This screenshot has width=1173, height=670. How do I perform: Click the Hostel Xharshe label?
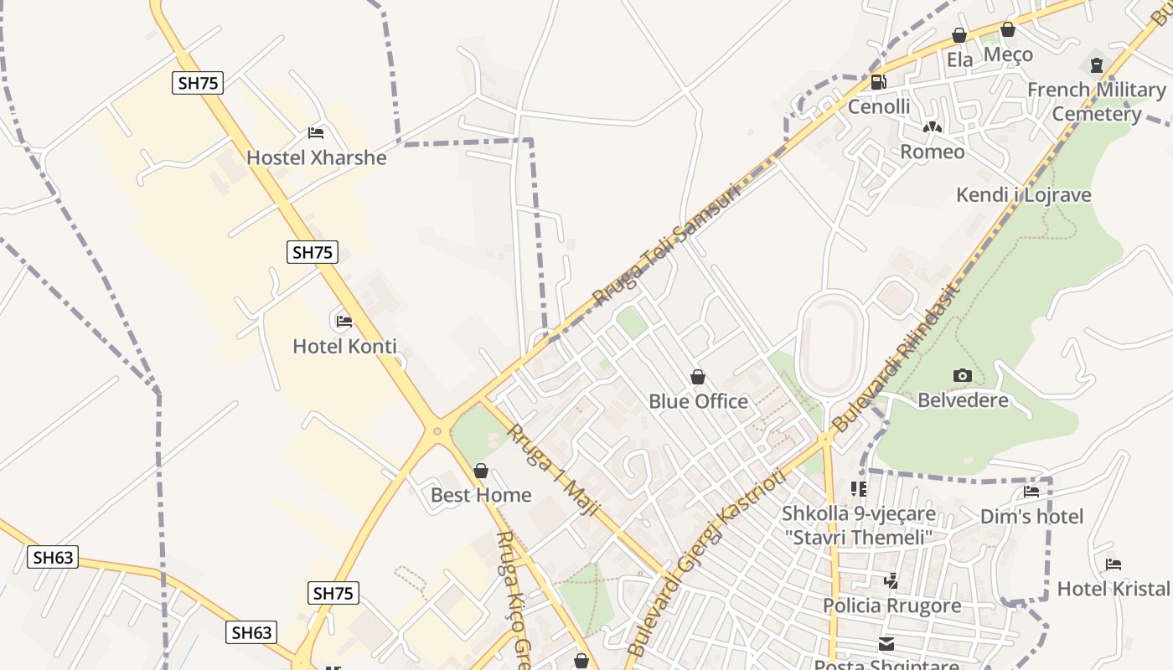pos(316,157)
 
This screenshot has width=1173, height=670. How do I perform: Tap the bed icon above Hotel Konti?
pos(344,321)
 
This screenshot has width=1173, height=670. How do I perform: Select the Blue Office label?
pos(698,401)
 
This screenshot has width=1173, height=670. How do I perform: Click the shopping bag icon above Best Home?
pos(481,472)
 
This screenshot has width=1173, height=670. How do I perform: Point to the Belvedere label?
pos(963,399)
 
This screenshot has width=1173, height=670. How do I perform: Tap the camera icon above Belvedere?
pos(963,375)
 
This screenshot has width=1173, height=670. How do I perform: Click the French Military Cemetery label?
pos(1096,101)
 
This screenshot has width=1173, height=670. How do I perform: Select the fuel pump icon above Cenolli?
pos(879,82)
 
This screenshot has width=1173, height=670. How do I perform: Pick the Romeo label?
pos(932,152)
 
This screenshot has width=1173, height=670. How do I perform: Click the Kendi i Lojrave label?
pos(1024,195)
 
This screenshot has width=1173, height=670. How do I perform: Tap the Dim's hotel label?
pos(1031,517)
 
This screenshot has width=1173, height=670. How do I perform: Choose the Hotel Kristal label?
pos(1113,588)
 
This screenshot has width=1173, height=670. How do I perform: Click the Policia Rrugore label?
pos(891,606)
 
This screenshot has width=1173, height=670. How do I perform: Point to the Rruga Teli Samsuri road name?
pos(667,244)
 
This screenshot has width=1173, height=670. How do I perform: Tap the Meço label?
pos(1008,54)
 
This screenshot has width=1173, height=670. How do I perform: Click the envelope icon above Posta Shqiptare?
pos(886,644)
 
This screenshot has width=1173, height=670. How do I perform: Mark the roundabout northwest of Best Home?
pos(437,431)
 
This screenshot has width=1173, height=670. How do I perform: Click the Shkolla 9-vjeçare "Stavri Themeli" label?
pos(858,525)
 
